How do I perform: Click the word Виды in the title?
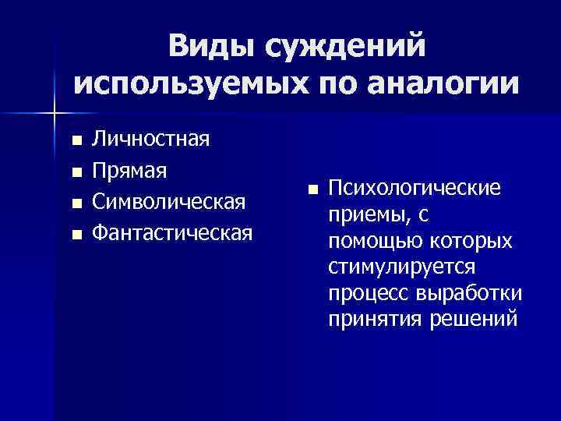tap(210, 46)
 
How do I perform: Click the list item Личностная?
tap(150, 140)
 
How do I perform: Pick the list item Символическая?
tap(169, 201)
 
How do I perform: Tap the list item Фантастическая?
tap(171, 232)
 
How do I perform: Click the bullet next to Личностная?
tap(76, 142)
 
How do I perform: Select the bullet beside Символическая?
tap(76, 203)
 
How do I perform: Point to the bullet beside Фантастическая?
tap(76, 233)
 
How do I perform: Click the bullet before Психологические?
tap(312, 189)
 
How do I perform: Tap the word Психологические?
tap(415, 188)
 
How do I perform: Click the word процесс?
tap(368, 295)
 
